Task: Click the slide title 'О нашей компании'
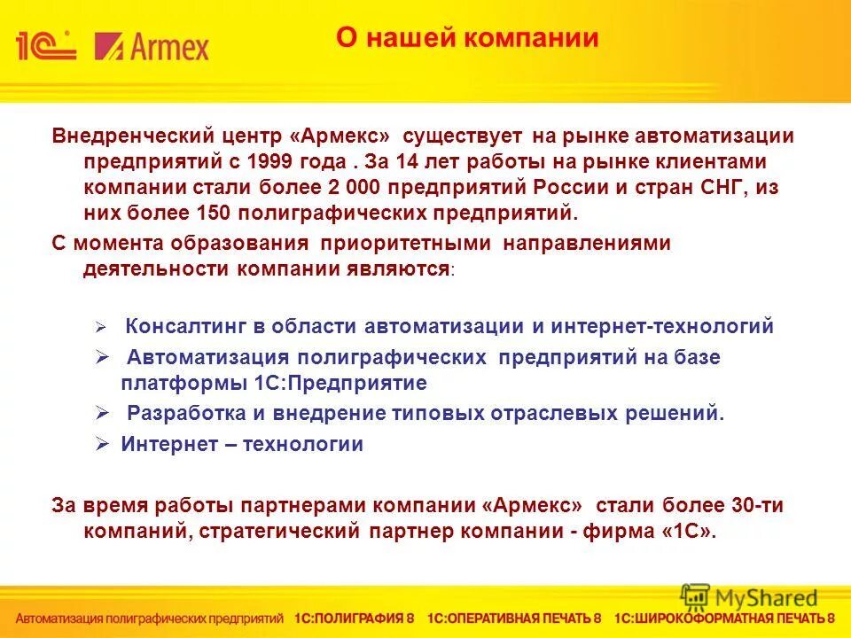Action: pyautogui.click(x=467, y=38)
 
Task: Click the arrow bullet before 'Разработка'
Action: pyautogui.click(x=101, y=412)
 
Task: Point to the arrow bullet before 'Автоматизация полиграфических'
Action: pyautogui.click(x=101, y=356)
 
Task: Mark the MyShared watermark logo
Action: pyautogui.click(x=749, y=597)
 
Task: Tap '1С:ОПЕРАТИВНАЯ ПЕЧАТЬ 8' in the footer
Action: pyautogui.click(x=514, y=618)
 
